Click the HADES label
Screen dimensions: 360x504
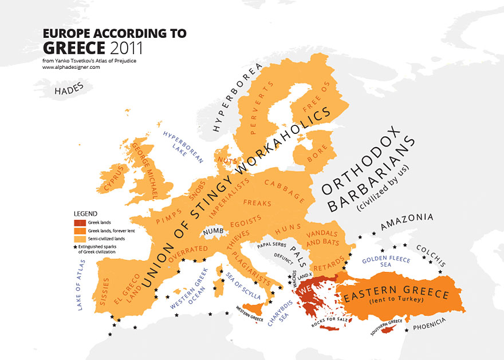(x=69, y=88)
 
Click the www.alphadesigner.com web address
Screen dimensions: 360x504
(x=71, y=67)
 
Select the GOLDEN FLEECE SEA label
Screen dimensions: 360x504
(x=385, y=262)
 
